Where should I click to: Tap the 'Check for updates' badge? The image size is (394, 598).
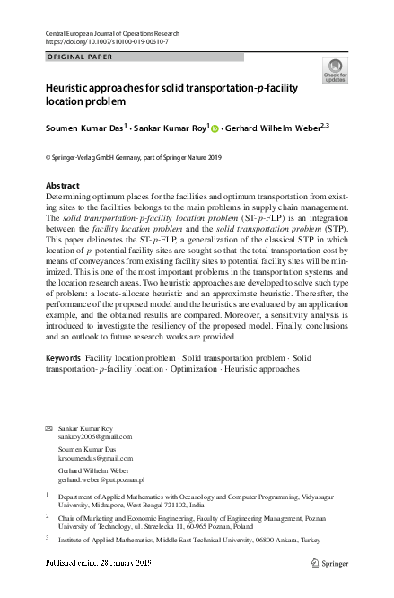335,70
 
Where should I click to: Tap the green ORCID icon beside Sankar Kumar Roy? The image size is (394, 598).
215,128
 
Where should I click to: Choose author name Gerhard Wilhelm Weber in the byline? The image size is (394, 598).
275,128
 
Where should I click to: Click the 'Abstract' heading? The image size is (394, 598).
62,186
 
